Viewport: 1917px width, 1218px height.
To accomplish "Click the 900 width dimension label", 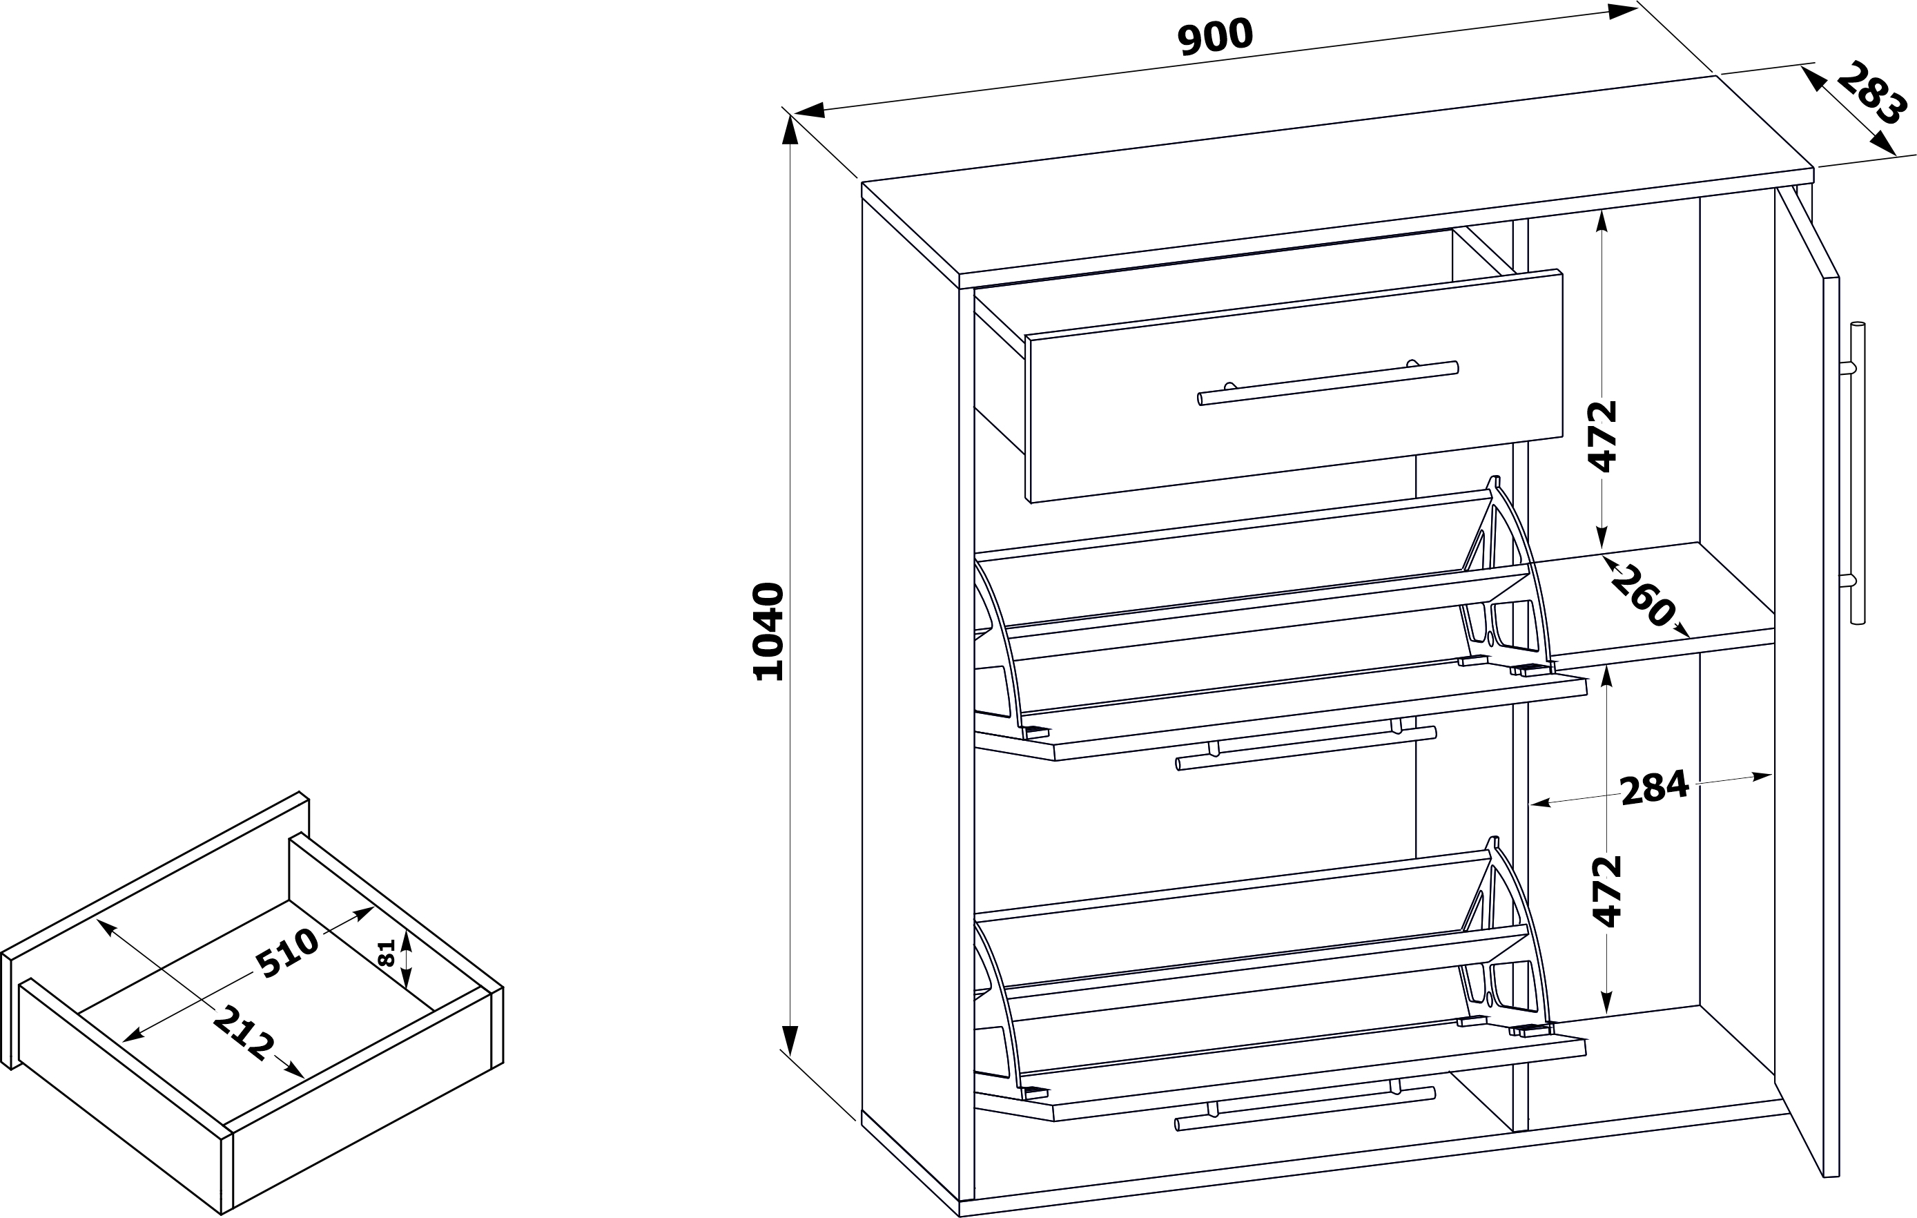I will tap(1215, 37).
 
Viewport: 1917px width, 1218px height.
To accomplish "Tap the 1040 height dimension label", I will tap(769, 631).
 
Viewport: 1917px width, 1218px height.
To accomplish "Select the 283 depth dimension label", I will tap(1871, 93).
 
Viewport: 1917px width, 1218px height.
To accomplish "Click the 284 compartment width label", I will tap(1654, 787).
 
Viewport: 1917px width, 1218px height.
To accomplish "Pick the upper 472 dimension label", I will tap(1602, 437).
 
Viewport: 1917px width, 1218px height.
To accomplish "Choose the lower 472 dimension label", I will tap(1607, 891).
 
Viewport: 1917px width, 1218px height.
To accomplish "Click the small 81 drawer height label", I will tap(386, 952).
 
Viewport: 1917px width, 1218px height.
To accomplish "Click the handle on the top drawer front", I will tap(1328, 383).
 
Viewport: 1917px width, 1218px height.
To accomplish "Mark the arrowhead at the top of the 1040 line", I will tap(790, 141).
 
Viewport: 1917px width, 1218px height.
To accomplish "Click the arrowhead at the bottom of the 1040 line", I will tap(790, 1040).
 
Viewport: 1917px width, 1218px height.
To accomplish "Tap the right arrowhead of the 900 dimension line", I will tap(1621, 10).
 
